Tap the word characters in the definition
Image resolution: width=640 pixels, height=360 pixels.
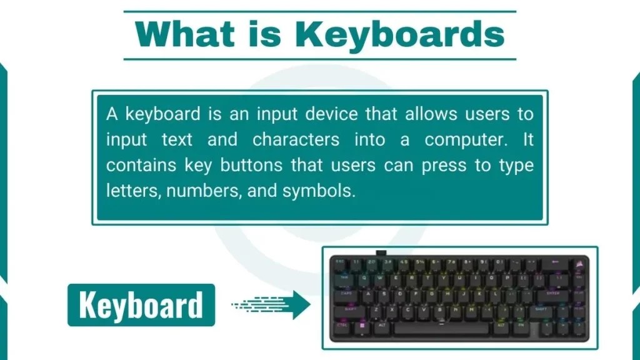pos(296,139)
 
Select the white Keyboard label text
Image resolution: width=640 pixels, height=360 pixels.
pos(141,305)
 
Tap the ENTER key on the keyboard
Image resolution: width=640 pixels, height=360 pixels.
pos(554,292)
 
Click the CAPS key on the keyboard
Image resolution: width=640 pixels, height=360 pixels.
pos(346,292)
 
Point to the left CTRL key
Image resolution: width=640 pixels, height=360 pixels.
pos(341,325)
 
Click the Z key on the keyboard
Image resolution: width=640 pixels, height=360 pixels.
pos(376,309)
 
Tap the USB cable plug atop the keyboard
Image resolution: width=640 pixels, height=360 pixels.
pos(381,253)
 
